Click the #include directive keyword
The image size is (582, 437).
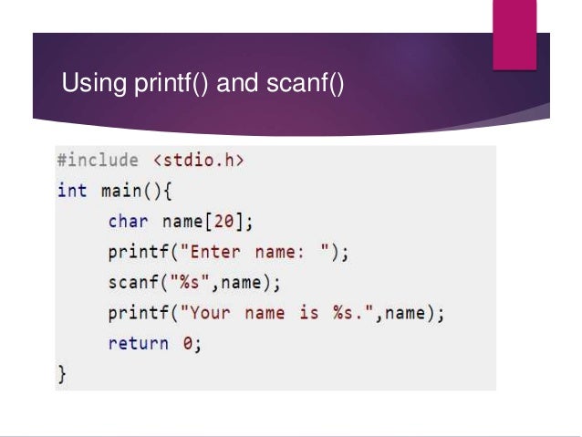98,161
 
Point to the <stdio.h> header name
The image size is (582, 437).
200,161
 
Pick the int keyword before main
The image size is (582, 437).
72,192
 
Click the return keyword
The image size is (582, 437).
138,344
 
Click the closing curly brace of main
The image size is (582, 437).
62,373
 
